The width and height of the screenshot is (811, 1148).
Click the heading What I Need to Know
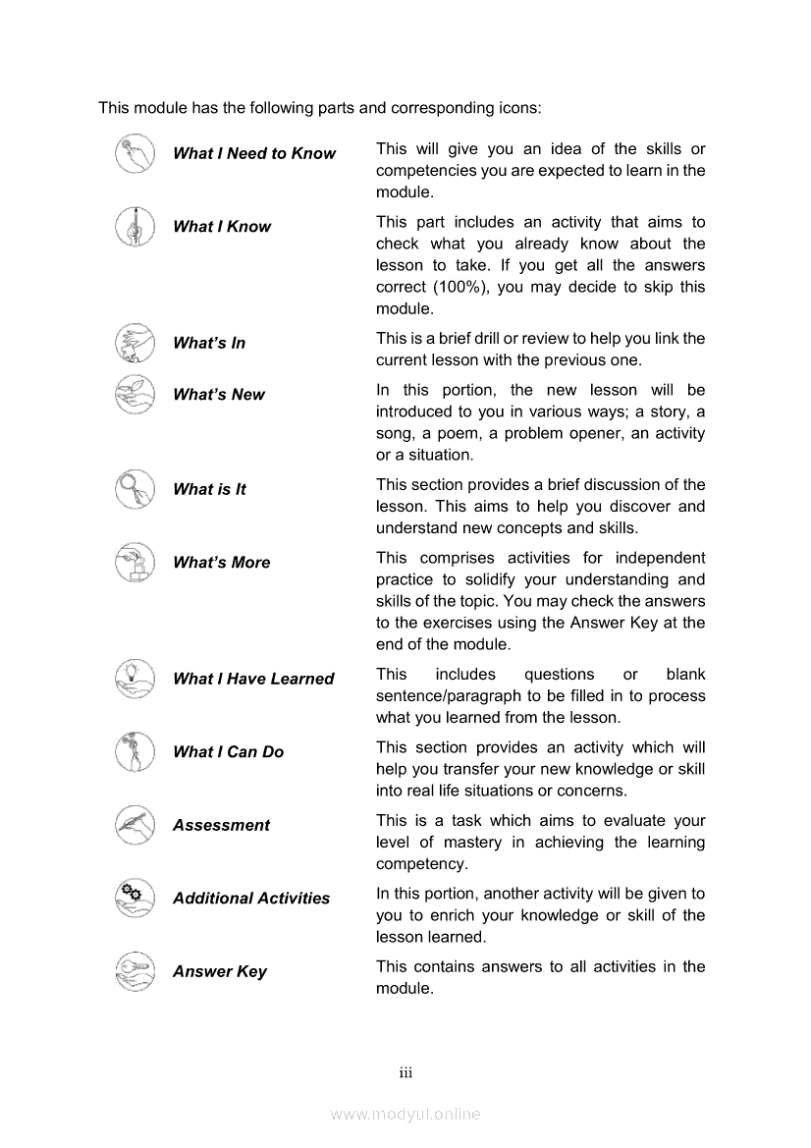point(253,153)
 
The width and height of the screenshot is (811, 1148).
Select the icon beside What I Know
point(135,227)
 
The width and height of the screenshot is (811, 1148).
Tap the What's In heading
point(209,343)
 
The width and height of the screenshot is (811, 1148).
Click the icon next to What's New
point(135,394)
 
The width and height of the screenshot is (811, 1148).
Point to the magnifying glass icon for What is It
point(135,489)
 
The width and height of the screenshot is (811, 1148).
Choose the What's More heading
point(221,563)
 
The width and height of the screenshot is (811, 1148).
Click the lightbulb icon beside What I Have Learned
point(135,679)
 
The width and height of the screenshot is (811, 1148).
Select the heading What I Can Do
point(228,752)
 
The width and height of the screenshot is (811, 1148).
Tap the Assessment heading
point(221,825)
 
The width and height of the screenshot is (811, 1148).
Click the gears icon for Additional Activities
point(135,898)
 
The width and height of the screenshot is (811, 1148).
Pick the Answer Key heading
point(220,971)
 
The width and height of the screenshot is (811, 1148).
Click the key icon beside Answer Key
point(135,971)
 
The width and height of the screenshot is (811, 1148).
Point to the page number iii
point(405,1072)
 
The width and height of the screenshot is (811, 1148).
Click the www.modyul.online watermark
point(405,1114)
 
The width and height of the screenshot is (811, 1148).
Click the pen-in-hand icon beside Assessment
point(135,824)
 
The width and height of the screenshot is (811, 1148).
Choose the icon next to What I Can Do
point(135,751)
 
